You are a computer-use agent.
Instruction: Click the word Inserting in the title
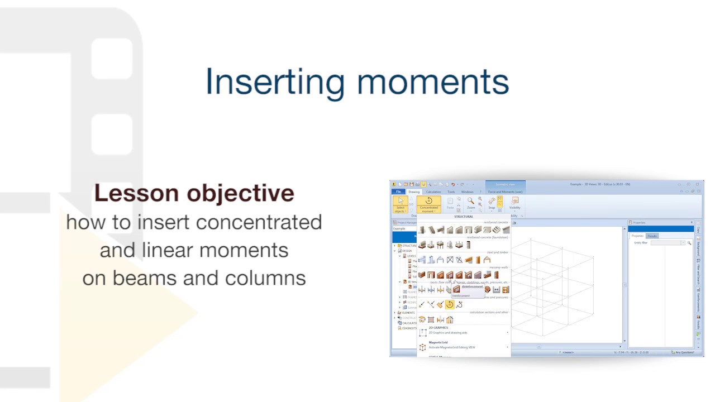[x=275, y=82]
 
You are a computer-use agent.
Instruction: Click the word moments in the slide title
[x=433, y=82]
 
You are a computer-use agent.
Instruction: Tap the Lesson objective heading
[x=194, y=193]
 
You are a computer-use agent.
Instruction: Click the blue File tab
[x=399, y=192]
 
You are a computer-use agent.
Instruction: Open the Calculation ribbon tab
[x=433, y=192]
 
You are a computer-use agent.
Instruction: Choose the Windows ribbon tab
[x=467, y=192]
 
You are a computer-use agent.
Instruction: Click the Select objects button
[x=400, y=204]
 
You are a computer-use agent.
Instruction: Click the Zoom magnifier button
[x=471, y=203]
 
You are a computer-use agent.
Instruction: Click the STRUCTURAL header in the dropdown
[x=464, y=217]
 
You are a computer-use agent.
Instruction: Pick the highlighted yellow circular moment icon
[x=450, y=304]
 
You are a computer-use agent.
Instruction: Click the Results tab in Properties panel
[x=652, y=236]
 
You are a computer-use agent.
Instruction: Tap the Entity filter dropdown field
[x=667, y=243]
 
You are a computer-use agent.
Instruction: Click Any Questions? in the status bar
[x=685, y=352]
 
